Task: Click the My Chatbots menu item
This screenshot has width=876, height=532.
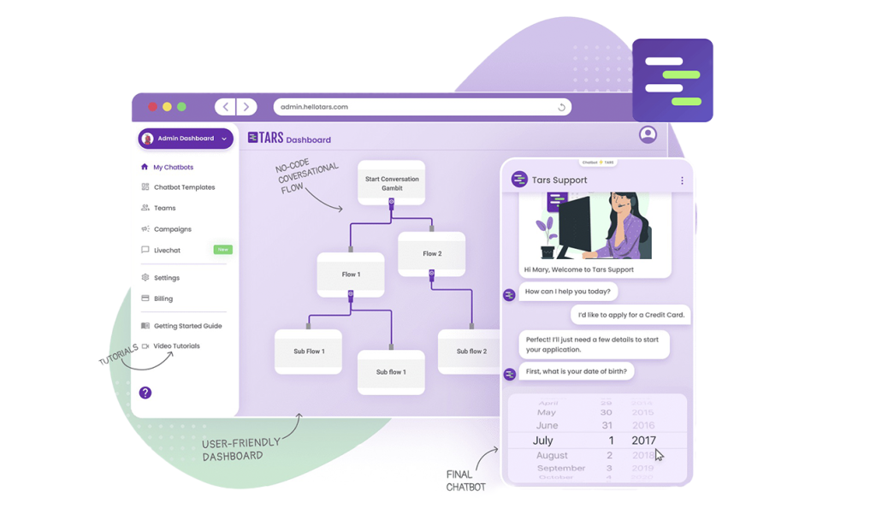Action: [173, 168]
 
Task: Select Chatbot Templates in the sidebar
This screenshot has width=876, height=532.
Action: [184, 187]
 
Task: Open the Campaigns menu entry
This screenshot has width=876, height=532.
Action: [172, 229]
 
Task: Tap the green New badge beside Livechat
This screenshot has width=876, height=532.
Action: [222, 250]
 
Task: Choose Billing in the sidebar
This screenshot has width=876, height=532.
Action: [163, 299]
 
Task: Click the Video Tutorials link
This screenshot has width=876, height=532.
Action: [176, 346]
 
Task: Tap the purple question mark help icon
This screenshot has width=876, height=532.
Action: [145, 393]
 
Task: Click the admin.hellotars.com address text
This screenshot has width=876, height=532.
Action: [314, 107]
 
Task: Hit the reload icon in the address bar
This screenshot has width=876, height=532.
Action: [561, 107]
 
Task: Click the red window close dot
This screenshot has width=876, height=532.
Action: [153, 107]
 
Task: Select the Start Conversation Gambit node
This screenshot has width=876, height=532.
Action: [391, 182]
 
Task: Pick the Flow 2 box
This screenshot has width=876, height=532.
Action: [432, 253]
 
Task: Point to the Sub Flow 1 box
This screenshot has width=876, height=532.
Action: [308, 352]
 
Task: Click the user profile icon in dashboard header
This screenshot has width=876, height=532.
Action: [648, 134]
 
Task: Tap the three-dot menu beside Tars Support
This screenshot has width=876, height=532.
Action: [682, 180]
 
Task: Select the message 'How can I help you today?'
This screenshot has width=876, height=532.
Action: [567, 292]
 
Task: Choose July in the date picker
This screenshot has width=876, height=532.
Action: [543, 440]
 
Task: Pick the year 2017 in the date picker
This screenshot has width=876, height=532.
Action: [643, 440]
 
